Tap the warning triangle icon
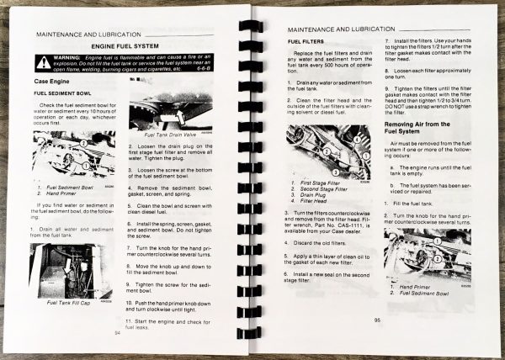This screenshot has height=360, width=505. point(44,62)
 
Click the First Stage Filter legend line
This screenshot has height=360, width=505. point(319,181)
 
